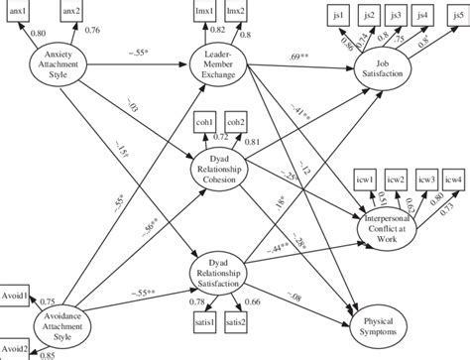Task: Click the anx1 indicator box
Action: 19,11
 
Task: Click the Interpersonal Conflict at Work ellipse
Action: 395,226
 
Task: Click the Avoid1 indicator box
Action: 13,298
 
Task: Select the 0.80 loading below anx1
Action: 38,34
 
